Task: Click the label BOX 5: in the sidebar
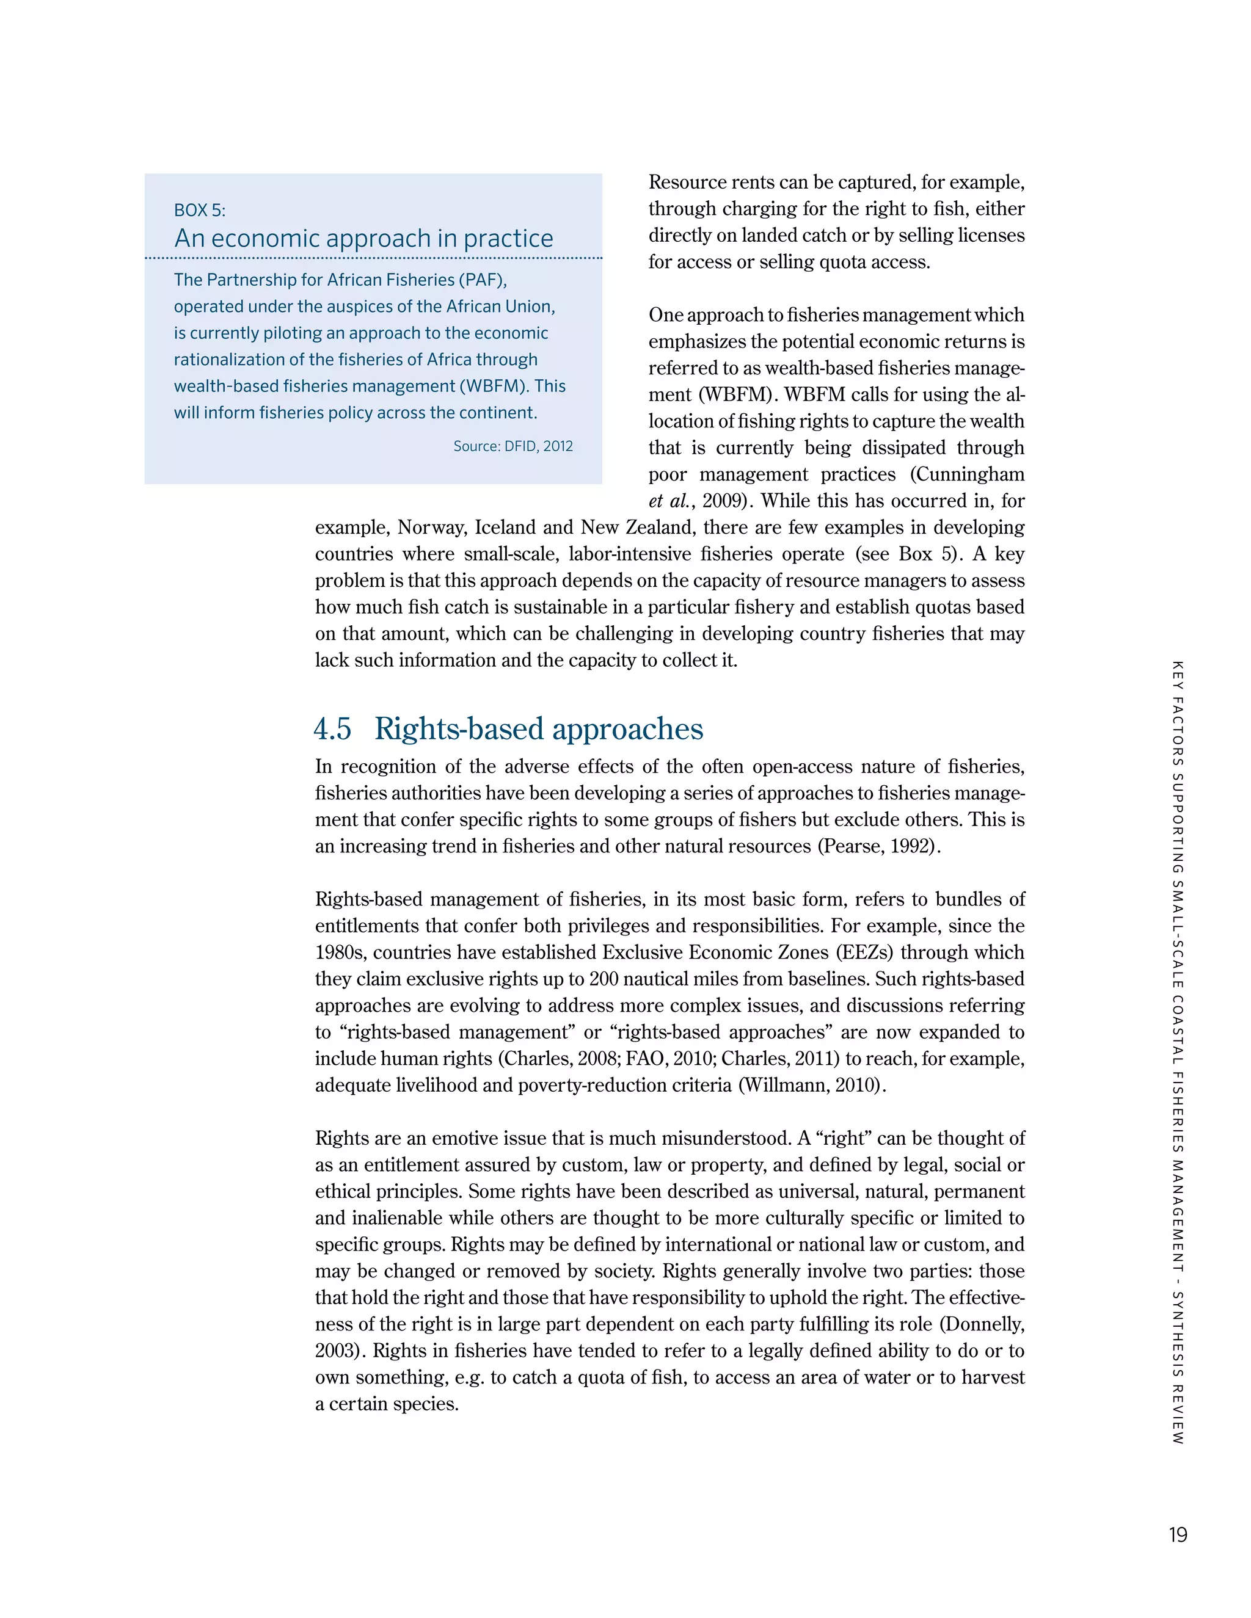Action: pyautogui.click(x=199, y=211)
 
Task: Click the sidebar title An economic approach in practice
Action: pyautogui.click(x=363, y=239)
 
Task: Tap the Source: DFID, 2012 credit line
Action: pyautogui.click(x=513, y=446)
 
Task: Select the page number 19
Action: pyautogui.click(x=1178, y=1534)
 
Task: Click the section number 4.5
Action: pyautogui.click(x=332, y=729)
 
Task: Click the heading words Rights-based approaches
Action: pyautogui.click(x=538, y=729)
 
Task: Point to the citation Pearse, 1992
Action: pyautogui.click(x=878, y=846)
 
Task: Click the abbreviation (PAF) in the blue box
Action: pyautogui.click(x=482, y=280)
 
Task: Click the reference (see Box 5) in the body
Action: pyautogui.click(x=910, y=554)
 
